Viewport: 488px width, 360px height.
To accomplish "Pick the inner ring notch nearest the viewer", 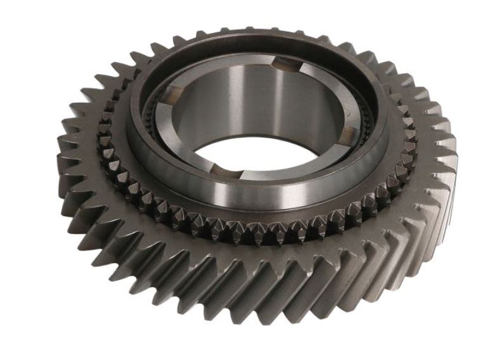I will click(219, 167).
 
